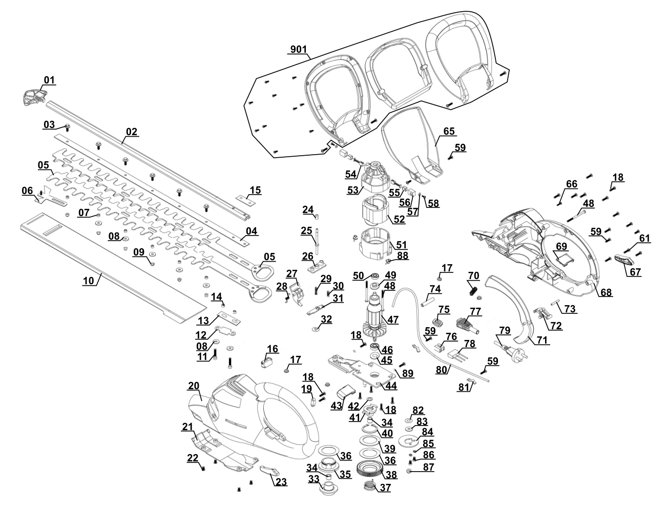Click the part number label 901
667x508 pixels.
298,49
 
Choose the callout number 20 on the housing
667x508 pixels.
193,386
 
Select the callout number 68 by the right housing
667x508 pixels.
606,292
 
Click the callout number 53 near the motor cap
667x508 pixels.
352,190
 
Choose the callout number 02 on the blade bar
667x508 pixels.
132,132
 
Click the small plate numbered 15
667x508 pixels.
245,199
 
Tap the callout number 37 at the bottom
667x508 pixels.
385,488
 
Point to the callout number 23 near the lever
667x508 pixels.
281,482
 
